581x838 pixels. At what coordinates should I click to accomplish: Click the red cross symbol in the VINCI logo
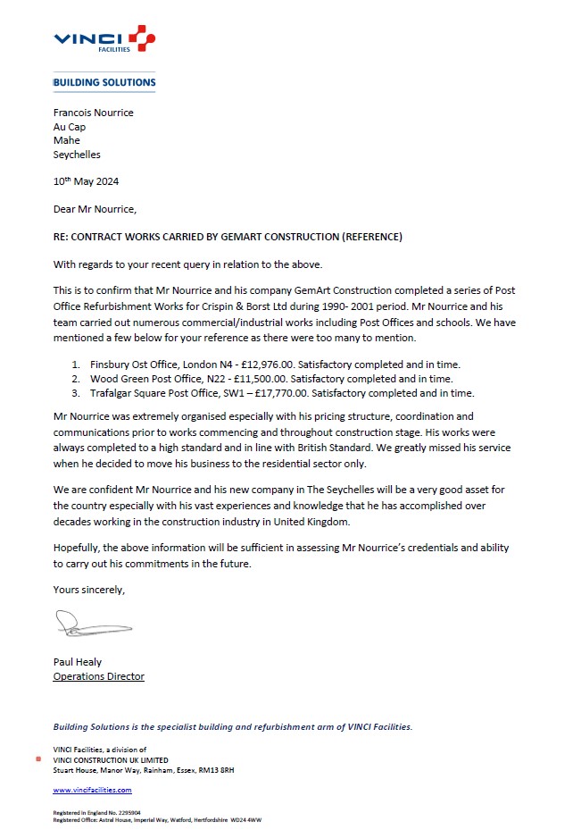tap(141, 38)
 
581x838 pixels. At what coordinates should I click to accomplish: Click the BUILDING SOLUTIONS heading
tap(104, 82)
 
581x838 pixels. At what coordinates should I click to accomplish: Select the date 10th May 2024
tap(86, 181)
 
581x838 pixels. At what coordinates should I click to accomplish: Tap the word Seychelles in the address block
tap(77, 155)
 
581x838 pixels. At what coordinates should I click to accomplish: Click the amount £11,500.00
tap(261, 379)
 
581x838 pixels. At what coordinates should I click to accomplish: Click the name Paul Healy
tap(78, 662)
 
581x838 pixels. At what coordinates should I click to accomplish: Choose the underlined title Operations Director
tap(98, 676)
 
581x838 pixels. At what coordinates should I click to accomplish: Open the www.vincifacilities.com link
tap(92, 790)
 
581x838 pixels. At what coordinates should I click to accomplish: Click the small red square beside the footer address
tap(37, 759)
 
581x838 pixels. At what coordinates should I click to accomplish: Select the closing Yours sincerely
tap(89, 590)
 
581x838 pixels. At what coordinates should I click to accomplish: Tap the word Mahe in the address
tap(67, 140)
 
